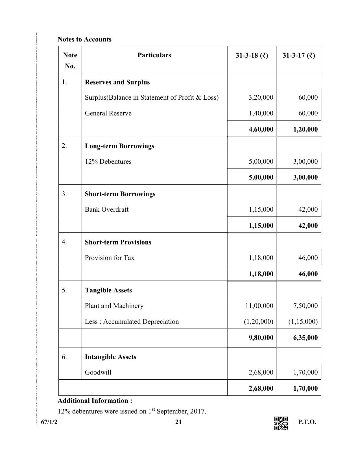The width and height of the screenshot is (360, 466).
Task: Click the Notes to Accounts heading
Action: click(84, 39)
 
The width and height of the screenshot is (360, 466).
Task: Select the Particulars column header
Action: click(154, 55)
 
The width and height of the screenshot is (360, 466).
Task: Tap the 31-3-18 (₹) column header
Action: click(252, 55)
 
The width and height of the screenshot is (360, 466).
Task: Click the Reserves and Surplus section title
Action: click(117, 82)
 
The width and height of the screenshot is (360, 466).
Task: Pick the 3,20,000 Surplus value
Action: click(261, 97)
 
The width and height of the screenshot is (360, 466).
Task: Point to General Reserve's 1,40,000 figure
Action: click(261, 113)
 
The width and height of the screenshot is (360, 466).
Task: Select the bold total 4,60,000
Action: click(261, 129)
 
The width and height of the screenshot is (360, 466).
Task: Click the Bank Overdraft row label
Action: click(107, 209)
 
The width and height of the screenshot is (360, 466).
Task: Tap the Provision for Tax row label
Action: click(110, 258)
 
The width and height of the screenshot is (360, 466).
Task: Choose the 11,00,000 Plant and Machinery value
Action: click(259, 306)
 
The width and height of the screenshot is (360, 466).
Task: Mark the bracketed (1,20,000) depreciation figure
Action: click(258, 321)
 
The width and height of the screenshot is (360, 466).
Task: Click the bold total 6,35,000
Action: click(305, 338)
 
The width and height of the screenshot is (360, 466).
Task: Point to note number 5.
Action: click(64, 290)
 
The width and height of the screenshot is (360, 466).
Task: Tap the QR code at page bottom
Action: click(281, 423)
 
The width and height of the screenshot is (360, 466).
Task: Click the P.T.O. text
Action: click(307, 422)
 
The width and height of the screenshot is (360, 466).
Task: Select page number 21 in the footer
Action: click(178, 422)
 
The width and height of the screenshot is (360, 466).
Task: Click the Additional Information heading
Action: click(95, 401)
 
